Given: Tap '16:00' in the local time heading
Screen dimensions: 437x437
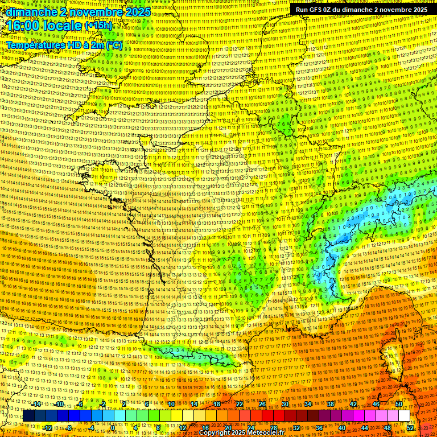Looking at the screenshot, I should pyautogui.click(x=22, y=26).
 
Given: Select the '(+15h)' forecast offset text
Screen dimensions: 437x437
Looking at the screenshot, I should pyautogui.click(x=98, y=26).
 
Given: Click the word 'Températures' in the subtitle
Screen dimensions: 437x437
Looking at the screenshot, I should pyautogui.click(x=35, y=45).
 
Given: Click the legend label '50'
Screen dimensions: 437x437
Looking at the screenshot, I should pyautogui.click(x=398, y=404).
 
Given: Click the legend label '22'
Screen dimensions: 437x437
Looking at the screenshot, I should pyautogui.click(x=240, y=404).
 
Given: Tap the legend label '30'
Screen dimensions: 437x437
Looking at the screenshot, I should pyautogui.click(x=285, y=404).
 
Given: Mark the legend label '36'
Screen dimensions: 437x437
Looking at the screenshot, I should pyautogui.click(x=319, y=427).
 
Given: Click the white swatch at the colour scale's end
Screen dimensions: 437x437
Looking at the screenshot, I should pyautogui.click(x=404, y=416).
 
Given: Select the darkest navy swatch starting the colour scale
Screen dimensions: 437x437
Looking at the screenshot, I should pyautogui.click(x=28, y=416).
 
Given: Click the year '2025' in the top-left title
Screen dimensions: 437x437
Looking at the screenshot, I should pyautogui.click(x=137, y=12).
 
